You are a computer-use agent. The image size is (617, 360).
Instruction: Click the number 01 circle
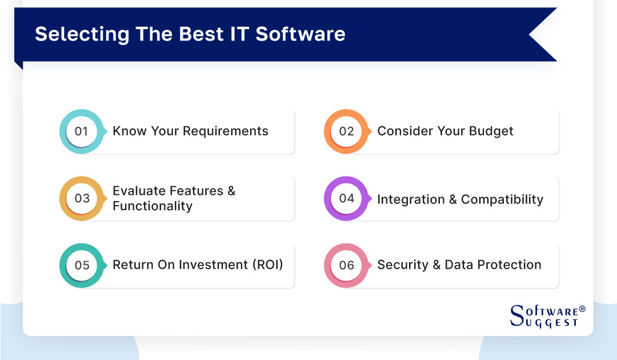81,131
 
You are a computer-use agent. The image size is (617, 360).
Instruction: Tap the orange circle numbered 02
346,131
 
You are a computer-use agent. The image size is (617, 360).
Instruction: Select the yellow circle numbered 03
82,198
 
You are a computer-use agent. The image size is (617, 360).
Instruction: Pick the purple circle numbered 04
346,198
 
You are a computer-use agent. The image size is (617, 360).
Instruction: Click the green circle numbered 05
82,265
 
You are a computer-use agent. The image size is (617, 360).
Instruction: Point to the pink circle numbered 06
346,265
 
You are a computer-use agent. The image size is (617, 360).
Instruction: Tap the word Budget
491,131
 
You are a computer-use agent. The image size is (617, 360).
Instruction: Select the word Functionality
153,206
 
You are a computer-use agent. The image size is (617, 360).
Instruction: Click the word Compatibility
502,199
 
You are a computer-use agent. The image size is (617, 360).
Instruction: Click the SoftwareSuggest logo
546,316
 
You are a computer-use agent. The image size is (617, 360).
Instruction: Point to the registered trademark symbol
582,309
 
